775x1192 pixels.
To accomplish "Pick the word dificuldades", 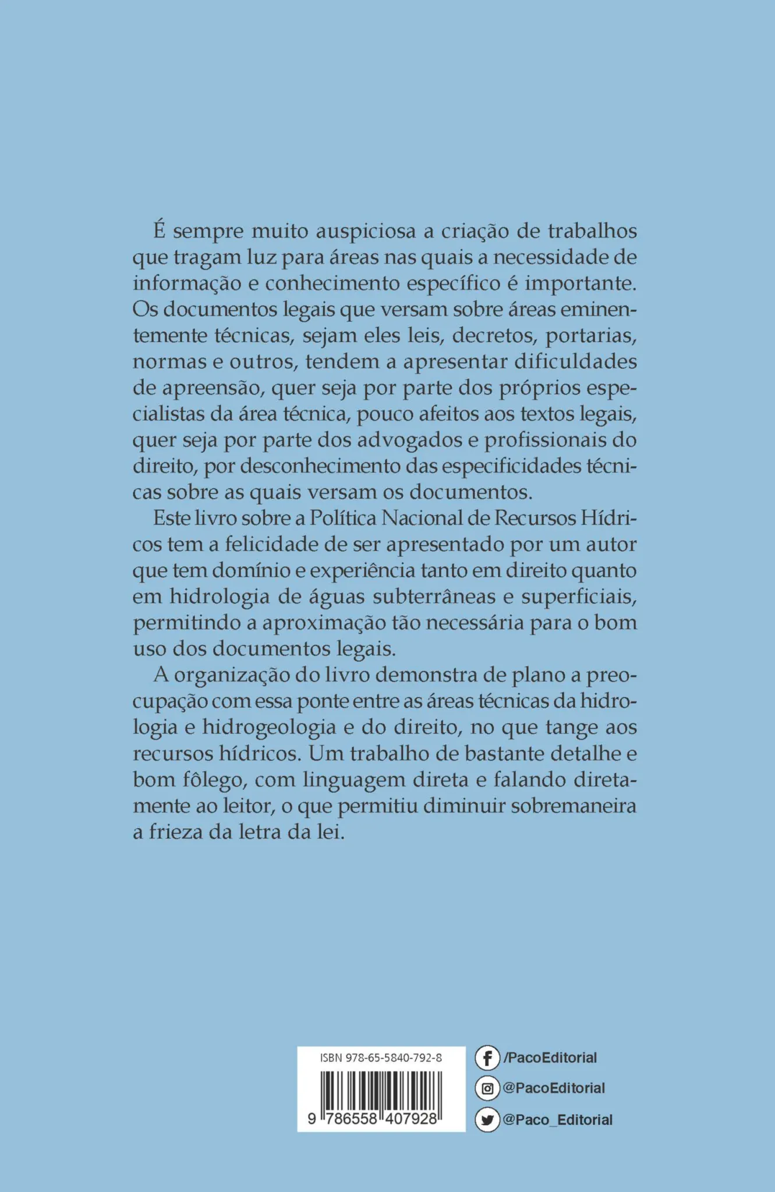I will click(575, 362).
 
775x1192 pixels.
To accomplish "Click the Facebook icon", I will click(487, 1058).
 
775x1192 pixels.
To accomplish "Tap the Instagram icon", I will click(487, 1088).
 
